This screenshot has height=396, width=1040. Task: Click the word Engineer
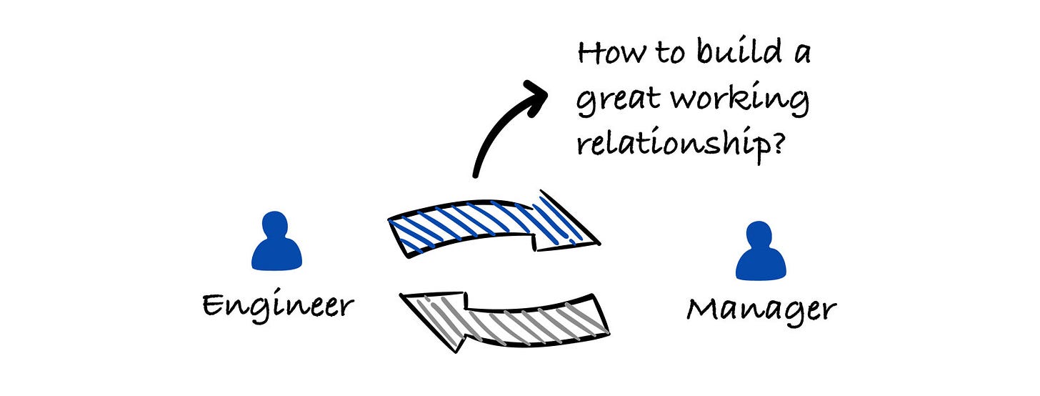coord(278,305)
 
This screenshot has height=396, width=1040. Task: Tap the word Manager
coord(761,310)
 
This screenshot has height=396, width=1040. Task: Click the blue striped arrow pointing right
coord(493,224)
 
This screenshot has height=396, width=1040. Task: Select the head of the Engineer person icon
coord(276,224)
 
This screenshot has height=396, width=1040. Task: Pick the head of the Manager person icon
coord(761,234)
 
